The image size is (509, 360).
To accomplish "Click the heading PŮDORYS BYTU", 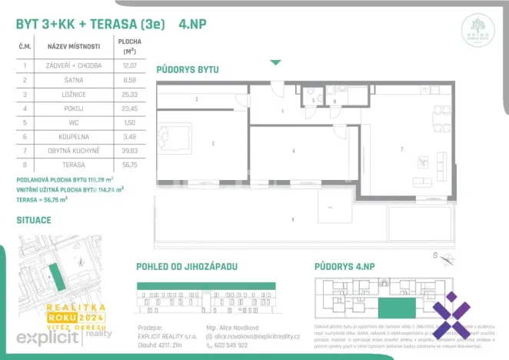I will coord(188,69).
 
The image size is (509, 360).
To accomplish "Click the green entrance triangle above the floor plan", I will coord(275,62).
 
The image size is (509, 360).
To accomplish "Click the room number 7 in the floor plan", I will coord(401,148).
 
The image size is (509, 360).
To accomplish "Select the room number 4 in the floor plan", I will coord(294,151).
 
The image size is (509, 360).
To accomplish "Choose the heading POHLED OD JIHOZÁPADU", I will coord(187,266).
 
